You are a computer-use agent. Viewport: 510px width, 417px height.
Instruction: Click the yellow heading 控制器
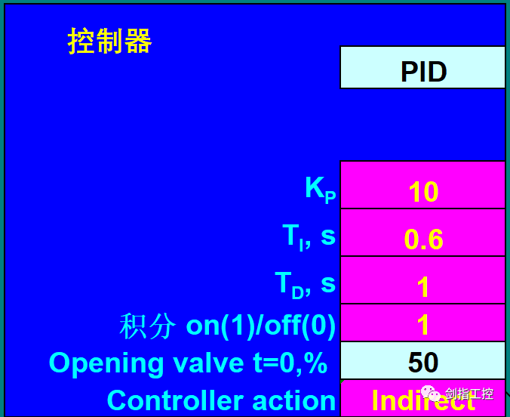coord(109,41)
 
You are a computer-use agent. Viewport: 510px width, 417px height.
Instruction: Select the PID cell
coord(422,71)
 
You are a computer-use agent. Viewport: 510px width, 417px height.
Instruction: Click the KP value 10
coord(422,192)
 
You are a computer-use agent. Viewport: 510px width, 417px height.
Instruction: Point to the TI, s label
coord(309,237)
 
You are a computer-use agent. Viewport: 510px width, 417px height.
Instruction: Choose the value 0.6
coord(422,239)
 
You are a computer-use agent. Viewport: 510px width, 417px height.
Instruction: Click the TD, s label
coord(305,284)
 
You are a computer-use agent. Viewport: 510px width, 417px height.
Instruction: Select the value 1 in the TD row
coord(422,286)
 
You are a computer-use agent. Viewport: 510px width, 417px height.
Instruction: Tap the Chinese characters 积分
coord(149,326)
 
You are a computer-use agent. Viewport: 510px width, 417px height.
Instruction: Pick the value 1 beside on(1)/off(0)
coord(422,325)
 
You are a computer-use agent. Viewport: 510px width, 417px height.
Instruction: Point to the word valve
coord(204,363)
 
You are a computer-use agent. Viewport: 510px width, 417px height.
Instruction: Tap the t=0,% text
coord(290,363)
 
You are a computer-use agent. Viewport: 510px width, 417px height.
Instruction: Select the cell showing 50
coord(422,363)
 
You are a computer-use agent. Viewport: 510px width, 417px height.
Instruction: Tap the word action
coord(299,400)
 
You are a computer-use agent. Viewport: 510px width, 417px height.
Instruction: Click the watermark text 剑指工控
coord(469,394)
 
